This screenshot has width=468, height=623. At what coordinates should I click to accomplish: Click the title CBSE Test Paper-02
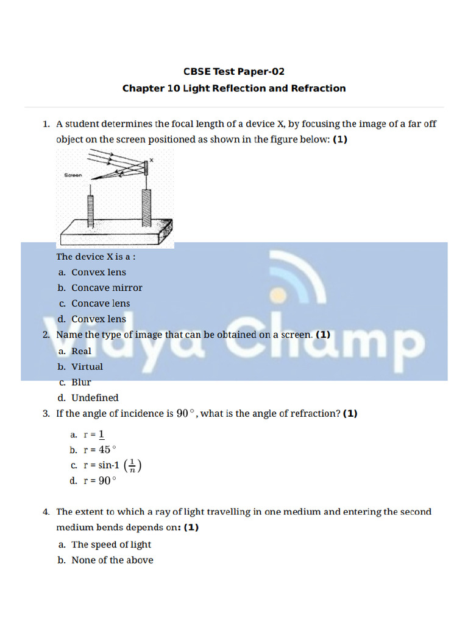tap(234, 71)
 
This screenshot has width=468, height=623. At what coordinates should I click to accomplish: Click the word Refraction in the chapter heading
tap(318, 88)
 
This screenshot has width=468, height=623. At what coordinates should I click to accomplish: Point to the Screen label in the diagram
tap(73, 175)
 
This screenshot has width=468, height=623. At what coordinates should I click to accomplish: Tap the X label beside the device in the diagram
tap(151, 160)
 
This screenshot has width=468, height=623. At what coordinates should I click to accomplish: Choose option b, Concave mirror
tap(107, 288)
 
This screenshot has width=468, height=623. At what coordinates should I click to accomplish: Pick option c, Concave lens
tap(101, 303)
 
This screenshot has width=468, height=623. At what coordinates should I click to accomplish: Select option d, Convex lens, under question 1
tap(99, 319)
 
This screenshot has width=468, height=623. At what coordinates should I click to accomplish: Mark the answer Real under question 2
tap(81, 351)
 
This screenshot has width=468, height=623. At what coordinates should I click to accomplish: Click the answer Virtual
tap(87, 367)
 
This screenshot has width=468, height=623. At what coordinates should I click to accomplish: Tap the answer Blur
tap(81, 382)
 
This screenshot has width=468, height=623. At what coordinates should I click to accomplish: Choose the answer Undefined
tap(94, 398)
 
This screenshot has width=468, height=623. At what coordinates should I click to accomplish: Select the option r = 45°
tap(99, 450)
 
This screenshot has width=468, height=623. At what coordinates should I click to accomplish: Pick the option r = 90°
tap(99, 481)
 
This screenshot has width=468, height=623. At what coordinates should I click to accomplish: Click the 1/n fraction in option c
tap(133, 465)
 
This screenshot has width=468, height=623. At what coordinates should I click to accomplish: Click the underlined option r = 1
tap(94, 434)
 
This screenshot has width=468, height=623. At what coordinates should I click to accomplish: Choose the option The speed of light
tap(111, 545)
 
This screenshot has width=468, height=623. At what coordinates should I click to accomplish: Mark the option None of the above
tap(112, 560)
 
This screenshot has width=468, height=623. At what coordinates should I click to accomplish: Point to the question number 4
tap(46, 512)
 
